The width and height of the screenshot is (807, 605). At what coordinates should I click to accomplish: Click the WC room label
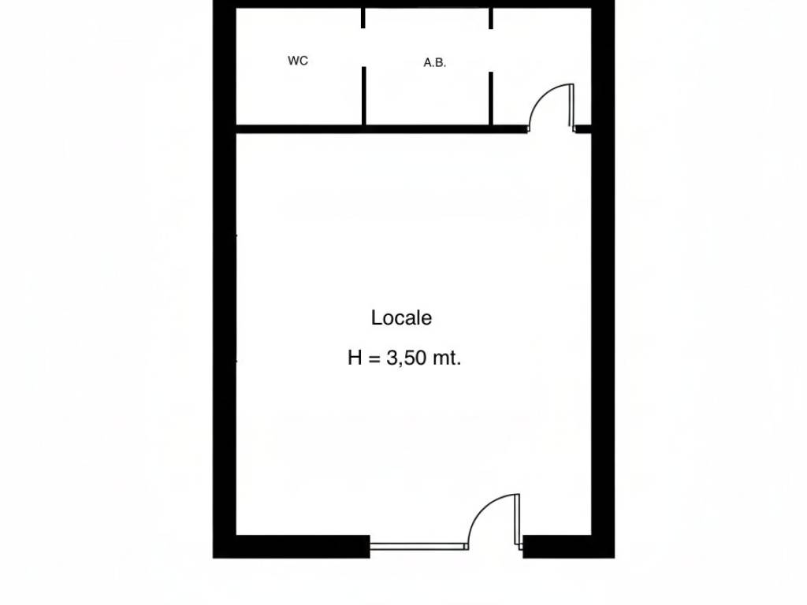pyautogui.click(x=297, y=61)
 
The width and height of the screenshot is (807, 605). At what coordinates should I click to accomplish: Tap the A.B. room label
pyautogui.click(x=434, y=63)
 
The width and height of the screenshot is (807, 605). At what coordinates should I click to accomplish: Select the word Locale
pyautogui.click(x=401, y=318)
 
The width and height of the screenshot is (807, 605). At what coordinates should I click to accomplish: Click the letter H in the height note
pyautogui.click(x=355, y=358)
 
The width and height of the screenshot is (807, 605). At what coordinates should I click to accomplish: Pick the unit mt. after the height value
pyautogui.click(x=447, y=358)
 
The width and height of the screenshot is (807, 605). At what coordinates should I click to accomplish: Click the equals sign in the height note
pyautogui.click(x=374, y=358)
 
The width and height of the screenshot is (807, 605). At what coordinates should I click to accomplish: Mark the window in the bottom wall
pyautogui.click(x=419, y=547)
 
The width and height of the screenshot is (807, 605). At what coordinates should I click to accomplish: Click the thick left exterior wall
pyautogui.click(x=225, y=279)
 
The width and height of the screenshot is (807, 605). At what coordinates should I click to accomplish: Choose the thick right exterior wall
pyautogui.click(x=603, y=279)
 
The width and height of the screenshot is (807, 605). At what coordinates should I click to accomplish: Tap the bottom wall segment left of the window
pyautogui.click(x=292, y=547)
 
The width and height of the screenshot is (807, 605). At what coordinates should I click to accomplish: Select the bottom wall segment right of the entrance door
pyautogui.click(x=569, y=547)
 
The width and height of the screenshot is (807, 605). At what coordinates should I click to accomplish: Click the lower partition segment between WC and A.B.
pyautogui.click(x=364, y=95)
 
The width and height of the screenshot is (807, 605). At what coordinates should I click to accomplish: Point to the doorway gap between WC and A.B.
pyautogui.click(x=364, y=47)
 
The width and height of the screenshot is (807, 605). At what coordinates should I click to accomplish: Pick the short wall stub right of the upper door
pyautogui.click(x=582, y=128)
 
